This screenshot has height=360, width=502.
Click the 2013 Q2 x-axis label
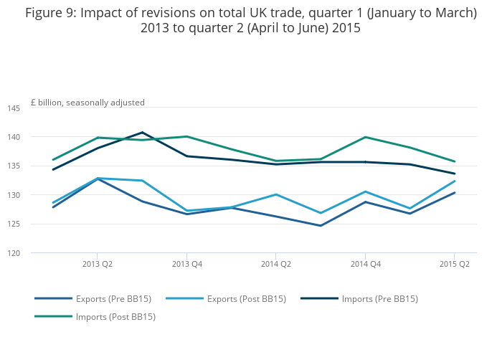[98, 264]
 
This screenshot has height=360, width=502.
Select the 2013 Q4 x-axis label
[186, 264]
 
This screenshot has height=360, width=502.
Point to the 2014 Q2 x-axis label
[276, 264]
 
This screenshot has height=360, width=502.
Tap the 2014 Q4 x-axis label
[365, 264]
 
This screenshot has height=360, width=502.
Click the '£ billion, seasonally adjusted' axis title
[87, 103]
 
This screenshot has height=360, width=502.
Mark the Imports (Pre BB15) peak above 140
[142, 132]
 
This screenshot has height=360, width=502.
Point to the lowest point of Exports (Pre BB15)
[321, 226]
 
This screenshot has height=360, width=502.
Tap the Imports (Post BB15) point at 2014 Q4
[365, 137]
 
